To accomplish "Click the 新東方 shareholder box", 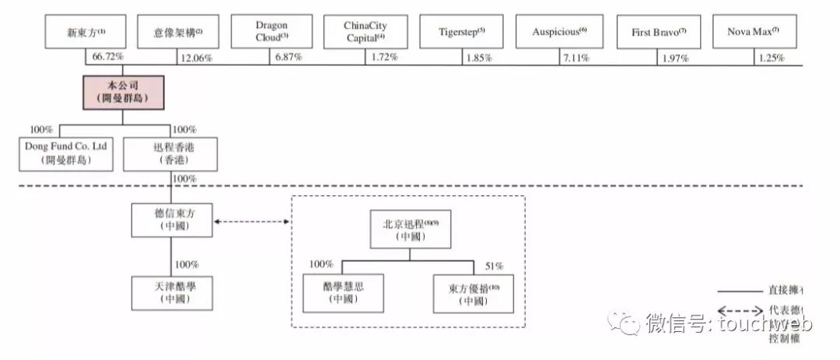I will pos(85,33).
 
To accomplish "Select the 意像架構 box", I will pos(177,33).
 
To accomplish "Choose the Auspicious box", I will pos(559,33).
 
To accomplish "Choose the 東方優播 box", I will pos(474,292).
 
